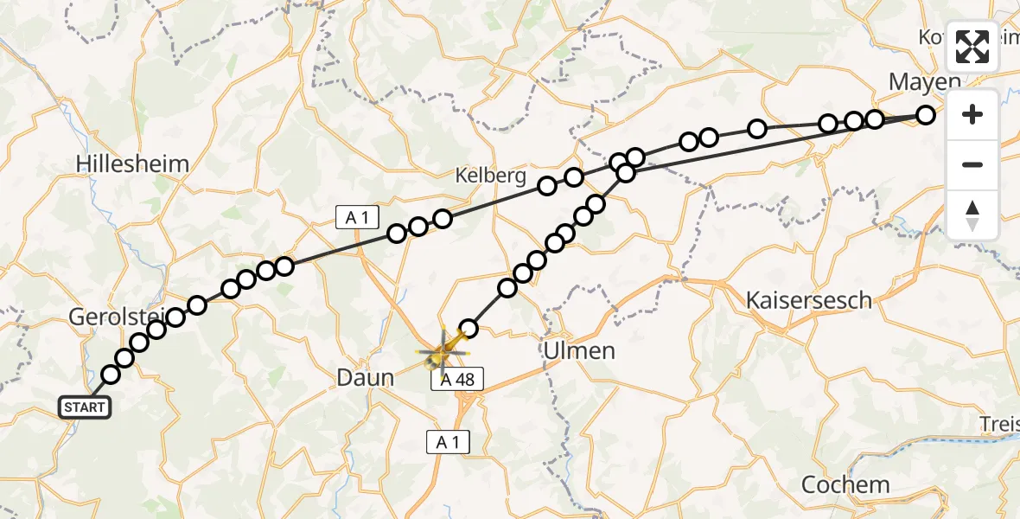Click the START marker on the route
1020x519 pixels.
click(85, 407)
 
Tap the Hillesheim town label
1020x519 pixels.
click(132, 163)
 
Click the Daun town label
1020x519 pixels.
click(364, 377)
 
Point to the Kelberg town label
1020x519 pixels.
click(490, 176)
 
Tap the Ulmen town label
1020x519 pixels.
click(579, 350)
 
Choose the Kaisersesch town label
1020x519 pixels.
click(809, 301)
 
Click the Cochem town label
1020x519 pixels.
click(845, 484)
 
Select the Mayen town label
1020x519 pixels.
click(925, 82)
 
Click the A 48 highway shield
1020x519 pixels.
click(456, 379)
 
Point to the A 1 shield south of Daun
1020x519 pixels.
click(448, 443)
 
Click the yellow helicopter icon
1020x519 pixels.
click(443, 351)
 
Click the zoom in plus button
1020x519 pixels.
click(972, 114)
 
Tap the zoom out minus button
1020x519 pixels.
click(972, 164)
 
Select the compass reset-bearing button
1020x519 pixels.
click(972, 215)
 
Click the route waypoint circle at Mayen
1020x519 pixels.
click(926, 114)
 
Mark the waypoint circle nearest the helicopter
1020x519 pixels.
click(469, 328)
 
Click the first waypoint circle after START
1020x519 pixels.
click(111, 375)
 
